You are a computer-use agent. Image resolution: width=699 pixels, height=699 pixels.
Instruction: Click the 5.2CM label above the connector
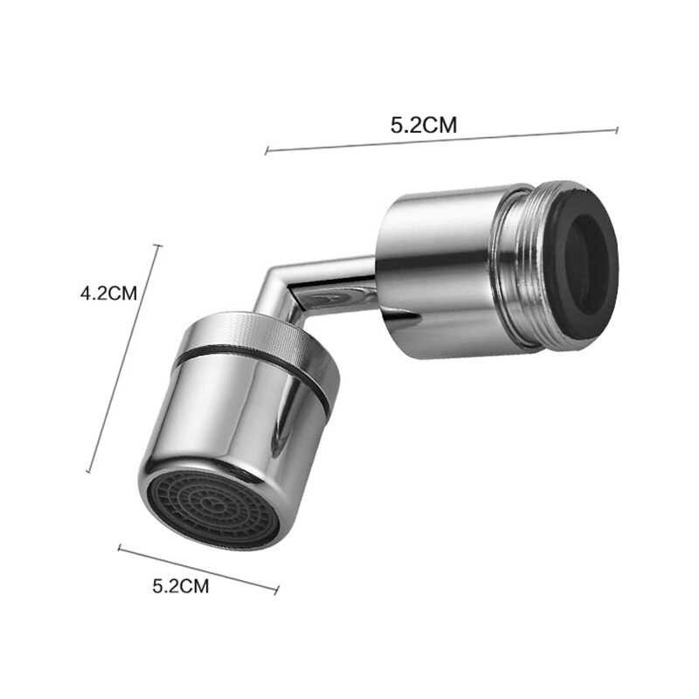[424, 125]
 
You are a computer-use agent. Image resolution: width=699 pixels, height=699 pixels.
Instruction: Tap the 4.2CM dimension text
[109, 294]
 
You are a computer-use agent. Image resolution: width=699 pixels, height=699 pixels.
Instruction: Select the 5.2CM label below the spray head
[181, 586]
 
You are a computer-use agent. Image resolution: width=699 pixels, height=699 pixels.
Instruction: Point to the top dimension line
[441, 141]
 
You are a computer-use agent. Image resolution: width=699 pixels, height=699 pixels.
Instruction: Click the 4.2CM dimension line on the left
[124, 358]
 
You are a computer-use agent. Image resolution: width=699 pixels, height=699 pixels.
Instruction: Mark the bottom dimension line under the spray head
[198, 570]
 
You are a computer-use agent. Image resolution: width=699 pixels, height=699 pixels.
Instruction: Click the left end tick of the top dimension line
[266, 151]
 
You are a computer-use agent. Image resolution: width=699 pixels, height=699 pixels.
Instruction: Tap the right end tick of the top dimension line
[617, 130]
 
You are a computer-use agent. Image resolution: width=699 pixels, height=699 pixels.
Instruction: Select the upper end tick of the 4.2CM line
[158, 246]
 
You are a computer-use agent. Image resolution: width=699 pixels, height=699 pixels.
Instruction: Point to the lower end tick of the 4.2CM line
[89, 471]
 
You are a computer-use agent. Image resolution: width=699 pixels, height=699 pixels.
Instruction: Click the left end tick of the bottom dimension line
[120, 549]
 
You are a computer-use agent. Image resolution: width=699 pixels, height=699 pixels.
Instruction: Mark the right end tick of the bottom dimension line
[277, 591]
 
